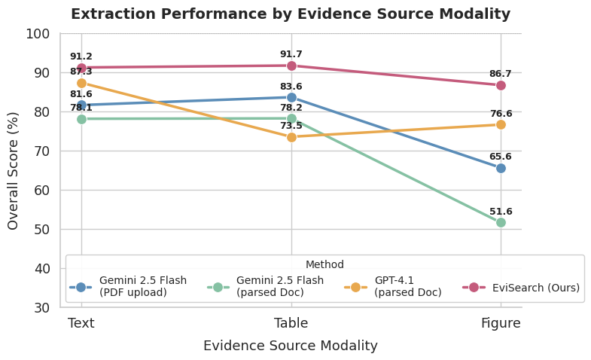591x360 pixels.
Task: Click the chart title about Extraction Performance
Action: click(291, 14)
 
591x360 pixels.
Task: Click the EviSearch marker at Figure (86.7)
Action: click(501, 85)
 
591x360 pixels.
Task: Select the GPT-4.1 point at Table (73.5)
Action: click(291, 137)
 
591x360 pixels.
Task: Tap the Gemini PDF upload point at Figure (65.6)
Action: click(501, 168)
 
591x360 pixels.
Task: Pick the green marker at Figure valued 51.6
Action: click(501, 223)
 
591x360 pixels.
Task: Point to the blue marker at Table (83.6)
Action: click(291, 97)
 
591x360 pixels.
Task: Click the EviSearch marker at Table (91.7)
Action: click(291, 66)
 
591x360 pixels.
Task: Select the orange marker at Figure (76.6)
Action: click(501, 125)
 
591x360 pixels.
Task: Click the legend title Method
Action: click(324, 265)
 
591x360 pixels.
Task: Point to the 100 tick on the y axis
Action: click(38, 34)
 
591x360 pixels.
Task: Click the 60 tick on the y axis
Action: click(41, 191)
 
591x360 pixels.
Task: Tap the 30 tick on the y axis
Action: click(41, 308)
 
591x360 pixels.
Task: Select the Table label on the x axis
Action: click(291, 324)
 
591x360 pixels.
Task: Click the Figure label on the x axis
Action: click(501, 324)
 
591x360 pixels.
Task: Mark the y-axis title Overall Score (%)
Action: click(14, 170)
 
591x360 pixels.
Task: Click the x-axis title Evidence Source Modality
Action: click(291, 346)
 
